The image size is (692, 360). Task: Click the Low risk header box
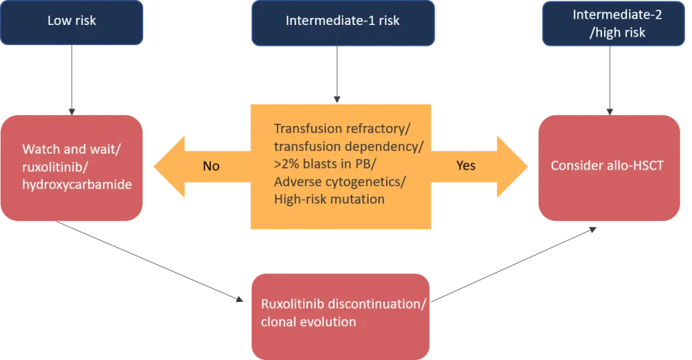pos(72,20)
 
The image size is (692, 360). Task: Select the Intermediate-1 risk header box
pos(343,21)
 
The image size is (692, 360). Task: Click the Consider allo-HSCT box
pos(609,167)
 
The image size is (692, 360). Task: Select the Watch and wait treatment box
pos(73,167)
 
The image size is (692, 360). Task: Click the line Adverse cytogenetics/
pos(340,182)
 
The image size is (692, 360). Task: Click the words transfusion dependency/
pos(348,146)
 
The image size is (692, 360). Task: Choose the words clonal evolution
pos(308,322)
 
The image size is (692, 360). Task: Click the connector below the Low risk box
pos(72,80)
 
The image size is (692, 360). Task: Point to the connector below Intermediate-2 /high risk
pos(610,80)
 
